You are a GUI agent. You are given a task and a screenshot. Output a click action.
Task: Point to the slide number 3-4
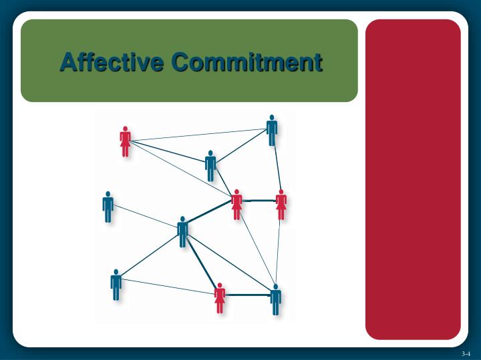[466, 353]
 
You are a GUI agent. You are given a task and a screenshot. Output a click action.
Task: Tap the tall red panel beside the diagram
[413, 179]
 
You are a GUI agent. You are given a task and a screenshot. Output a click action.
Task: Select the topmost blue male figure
[272, 131]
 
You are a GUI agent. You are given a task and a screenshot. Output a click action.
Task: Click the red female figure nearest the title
[125, 142]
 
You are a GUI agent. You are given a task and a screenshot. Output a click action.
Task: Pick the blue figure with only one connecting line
[108, 207]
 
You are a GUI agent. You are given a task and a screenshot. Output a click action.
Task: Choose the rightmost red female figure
[281, 205]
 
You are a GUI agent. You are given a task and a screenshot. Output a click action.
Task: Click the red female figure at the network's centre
[236, 205]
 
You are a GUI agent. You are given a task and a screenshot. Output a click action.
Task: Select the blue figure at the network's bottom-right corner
[275, 300]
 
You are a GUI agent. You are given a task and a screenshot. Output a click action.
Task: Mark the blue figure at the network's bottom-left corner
[116, 285]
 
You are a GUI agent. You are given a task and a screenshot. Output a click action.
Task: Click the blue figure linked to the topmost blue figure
[210, 166]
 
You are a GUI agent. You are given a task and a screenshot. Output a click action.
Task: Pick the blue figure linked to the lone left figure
[182, 232]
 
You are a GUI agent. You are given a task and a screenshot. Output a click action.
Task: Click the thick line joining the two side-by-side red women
[259, 200]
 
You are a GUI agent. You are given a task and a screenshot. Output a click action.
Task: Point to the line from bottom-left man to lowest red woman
[167, 286]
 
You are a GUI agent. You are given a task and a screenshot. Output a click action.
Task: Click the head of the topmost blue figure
[272, 117]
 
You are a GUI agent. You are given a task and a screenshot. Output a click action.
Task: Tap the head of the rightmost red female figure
[281, 193]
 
